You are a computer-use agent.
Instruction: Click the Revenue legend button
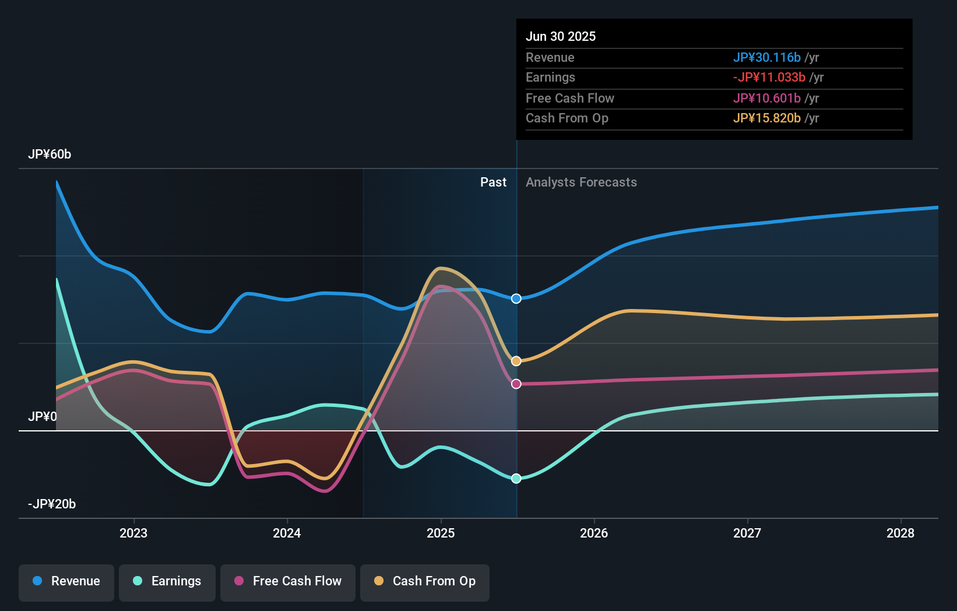click(x=66, y=581)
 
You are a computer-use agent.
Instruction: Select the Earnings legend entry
click(x=167, y=581)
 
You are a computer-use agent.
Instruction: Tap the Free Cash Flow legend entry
click(x=288, y=581)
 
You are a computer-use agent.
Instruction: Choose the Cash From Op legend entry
click(x=425, y=581)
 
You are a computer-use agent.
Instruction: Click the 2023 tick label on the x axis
click(x=133, y=533)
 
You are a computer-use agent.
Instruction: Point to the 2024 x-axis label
click(x=287, y=533)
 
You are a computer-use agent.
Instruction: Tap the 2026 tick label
click(x=594, y=533)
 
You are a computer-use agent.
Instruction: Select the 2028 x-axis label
click(x=900, y=533)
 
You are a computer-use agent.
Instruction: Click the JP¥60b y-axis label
click(x=50, y=154)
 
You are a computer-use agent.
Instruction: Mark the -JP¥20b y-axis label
click(x=52, y=504)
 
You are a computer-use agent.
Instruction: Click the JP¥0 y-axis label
click(x=43, y=417)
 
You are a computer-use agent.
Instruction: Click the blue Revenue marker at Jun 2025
click(x=516, y=299)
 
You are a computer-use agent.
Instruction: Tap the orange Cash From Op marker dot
click(x=516, y=361)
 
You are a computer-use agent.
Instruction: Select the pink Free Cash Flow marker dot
click(x=516, y=384)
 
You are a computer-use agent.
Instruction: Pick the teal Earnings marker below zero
click(x=516, y=479)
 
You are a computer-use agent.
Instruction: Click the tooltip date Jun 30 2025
click(x=561, y=36)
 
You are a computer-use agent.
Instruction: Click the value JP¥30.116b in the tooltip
click(x=766, y=57)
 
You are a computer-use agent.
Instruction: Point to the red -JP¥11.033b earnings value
click(x=769, y=78)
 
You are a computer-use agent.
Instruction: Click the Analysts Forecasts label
click(x=581, y=182)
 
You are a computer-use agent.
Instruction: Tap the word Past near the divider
click(x=493, y=182)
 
